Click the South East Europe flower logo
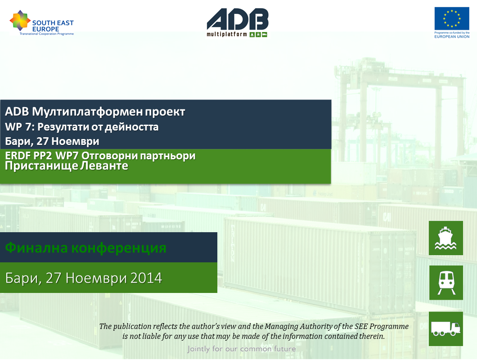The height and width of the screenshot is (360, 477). coord(20,20)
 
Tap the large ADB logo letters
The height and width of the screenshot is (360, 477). coord(238,19)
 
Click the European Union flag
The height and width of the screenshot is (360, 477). coord(452,18)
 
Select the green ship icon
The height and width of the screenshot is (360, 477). coord(445,238)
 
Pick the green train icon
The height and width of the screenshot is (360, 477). coord(446,283)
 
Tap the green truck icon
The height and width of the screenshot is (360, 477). coord(445,328)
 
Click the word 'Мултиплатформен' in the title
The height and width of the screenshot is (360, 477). coord(87,112)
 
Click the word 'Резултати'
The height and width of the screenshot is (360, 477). coord(63,127)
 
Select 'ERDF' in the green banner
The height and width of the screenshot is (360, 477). coord(18,156)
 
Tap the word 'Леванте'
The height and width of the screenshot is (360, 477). coord(104,166)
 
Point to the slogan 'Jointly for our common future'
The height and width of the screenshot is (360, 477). coord(242,349)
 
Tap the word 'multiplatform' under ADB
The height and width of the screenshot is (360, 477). coord(227,34)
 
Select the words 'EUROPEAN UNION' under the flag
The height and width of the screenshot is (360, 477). coord(452,36)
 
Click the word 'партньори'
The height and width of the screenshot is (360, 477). coord(167,156)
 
